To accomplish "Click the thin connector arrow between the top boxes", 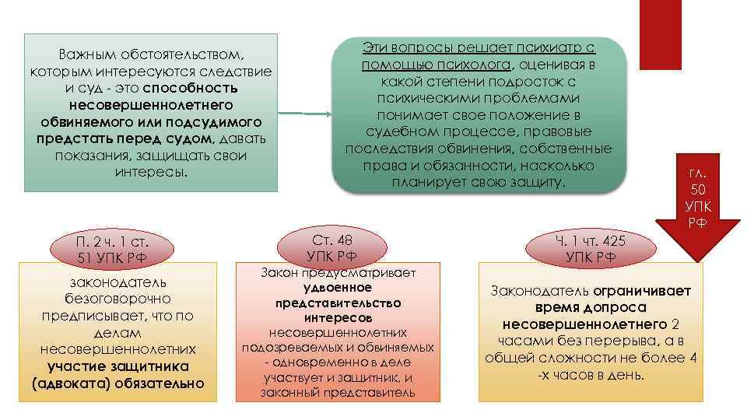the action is (x=304, y=114).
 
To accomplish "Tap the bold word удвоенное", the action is (x=337, y=288).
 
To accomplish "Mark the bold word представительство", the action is (x=338, y=303).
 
